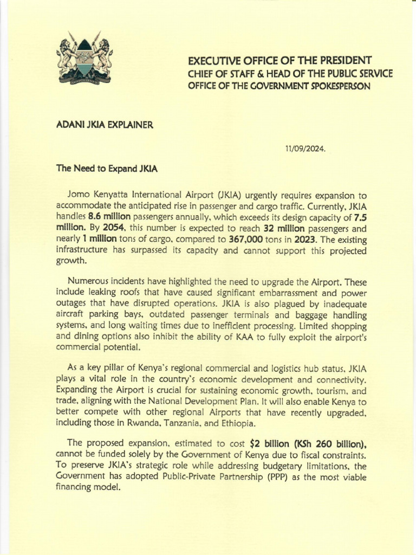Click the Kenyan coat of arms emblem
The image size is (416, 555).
[x=84, y=61]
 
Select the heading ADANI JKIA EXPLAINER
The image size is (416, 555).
[x=105, y=125]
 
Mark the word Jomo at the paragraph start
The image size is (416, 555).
[x=80, y=195]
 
